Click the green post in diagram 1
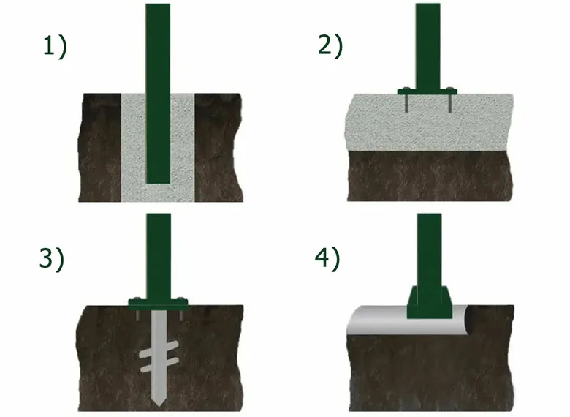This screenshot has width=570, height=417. (158, 88)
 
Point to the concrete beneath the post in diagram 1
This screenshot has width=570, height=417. (158, 192)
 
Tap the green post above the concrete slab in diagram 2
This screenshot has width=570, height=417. (427, 44)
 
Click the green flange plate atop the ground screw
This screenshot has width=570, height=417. (159, 301)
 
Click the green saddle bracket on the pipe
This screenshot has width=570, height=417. (427, 303)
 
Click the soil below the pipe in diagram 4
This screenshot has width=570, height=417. (427, 373)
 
